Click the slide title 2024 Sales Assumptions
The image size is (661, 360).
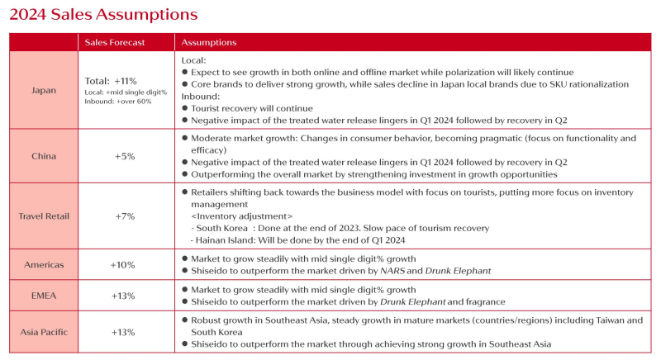pyautogui.click(x=103, y=14)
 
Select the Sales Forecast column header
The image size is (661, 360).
pyautogui.click(x=115, y=42)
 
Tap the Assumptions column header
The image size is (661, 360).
pyautogui.click(x=208, y=42)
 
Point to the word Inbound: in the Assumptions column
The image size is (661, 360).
pyautogui.click(x=199, y=96)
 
